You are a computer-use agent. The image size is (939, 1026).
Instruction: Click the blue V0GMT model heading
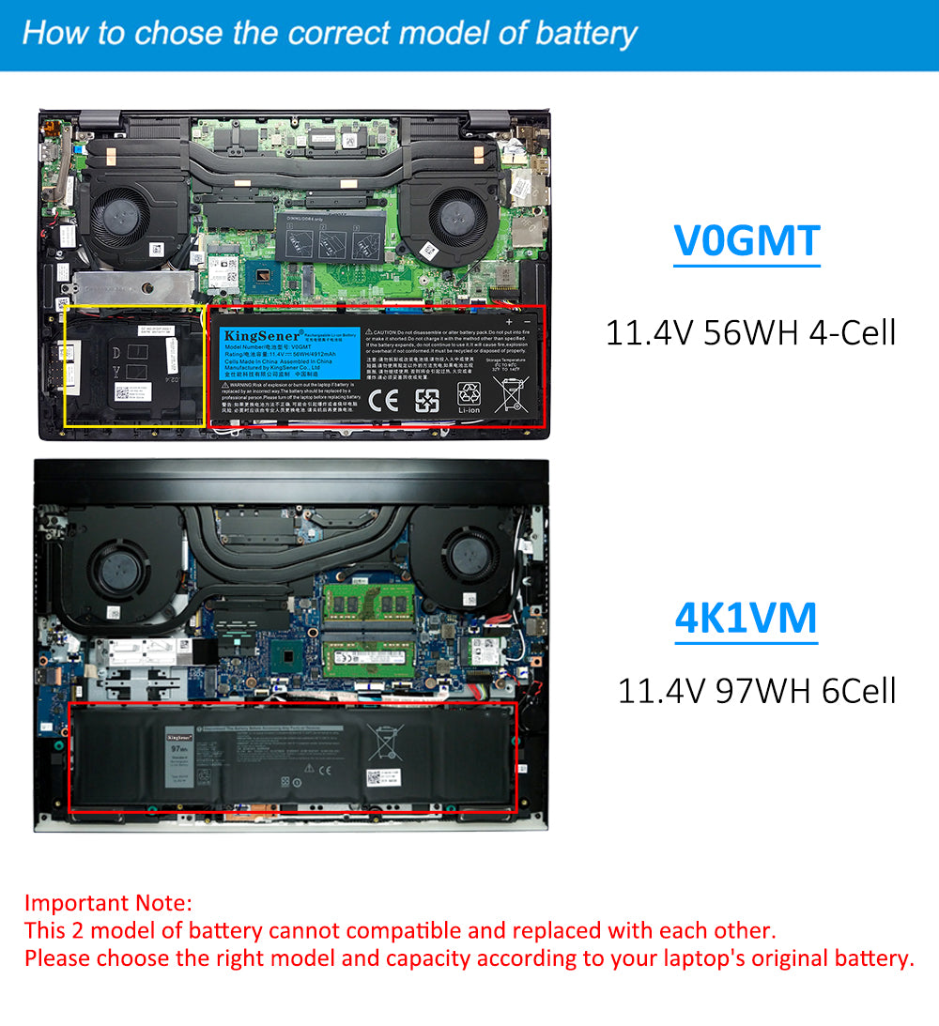[x=747, y=241]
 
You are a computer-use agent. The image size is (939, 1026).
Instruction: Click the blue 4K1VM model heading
[x=747, y=617]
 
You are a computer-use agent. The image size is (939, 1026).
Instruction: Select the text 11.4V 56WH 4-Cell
[x=750, y=332]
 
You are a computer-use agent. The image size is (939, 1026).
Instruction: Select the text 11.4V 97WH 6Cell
[x=756, y=691]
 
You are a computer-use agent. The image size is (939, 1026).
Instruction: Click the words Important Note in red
[x=108, y=903]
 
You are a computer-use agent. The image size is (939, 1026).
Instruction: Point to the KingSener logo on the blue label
[x=261, y=335]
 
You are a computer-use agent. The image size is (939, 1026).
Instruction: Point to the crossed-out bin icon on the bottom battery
[x=384, y=742]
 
